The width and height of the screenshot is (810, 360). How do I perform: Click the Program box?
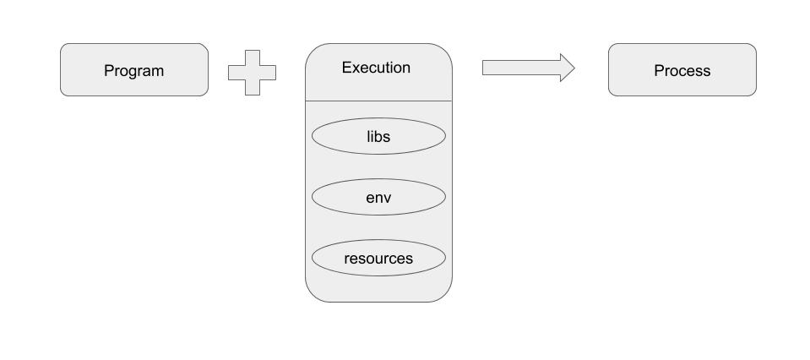pyautogui.click(x=133, y=70)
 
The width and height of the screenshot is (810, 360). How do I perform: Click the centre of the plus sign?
pyautogui.click(x=252, y=73)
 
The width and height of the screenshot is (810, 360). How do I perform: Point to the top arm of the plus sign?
pyautogui.click(x=252, y=57)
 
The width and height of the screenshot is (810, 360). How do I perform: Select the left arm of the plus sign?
pyautogui.click(x=235, y=73)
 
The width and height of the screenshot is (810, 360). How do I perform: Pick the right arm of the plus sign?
pyautogui.click(x=269, y=73)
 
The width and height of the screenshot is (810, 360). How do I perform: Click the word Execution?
pyautogui.click(x=376, y=68)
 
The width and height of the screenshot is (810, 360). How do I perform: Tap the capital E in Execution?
pyautogui.click(x=346, y=68)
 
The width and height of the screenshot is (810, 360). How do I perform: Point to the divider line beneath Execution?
pyautogui.click(x=378, y=101)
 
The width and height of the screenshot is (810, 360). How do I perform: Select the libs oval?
pyautogui.click(x=378, y=136)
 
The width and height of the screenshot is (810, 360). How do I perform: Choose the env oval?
pyautogui.click(x=378, y=197)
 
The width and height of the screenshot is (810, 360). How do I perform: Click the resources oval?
pyautogui.click(x=378, y=258)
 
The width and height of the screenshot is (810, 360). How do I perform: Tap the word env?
pyautogui.click(x=378, y=197)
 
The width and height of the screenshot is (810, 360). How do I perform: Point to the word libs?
pyautogui.click(x=378, y=136)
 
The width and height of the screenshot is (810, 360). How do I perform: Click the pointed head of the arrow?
pyautogui.click(x=567, y=68)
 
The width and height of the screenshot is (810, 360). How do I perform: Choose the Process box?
pyautogui.click(x=682, y=70)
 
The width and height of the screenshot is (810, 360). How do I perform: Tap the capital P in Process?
pyautogui.click(x=659, y=71)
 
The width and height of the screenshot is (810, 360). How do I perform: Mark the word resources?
pyautogui.click(x=378, y=258)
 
